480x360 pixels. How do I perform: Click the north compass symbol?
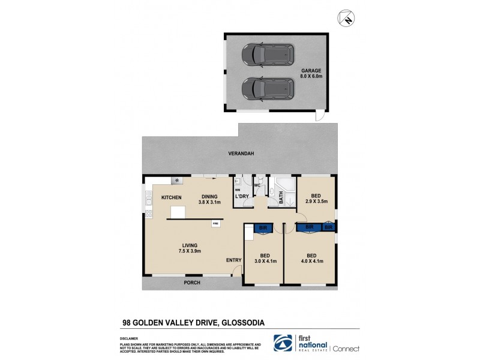(x=346, y=19)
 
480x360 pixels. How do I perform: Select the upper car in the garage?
(x=268, y=55)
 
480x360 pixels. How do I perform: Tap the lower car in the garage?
(x=268, y=89)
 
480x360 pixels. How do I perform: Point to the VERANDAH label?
(x=241, y=154)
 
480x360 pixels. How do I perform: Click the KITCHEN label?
(x=171, y=197)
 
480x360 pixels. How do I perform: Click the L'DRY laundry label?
(x=242, y=197)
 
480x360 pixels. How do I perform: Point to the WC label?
(x=256, y=185)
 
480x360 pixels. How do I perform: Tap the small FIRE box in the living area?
(x=215, y=224)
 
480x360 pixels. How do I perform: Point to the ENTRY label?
(x=233, y=260)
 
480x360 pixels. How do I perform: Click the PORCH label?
(x=192, y=283)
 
